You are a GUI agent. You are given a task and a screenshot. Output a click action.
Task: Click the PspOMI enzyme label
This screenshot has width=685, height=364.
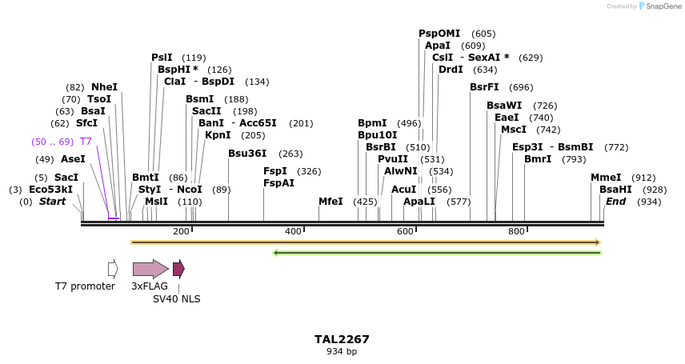coord(439,34)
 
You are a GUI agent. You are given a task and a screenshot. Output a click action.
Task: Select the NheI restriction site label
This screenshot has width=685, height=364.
coord(104,87)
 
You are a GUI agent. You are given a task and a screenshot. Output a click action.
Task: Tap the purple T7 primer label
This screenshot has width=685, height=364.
coord(86,142)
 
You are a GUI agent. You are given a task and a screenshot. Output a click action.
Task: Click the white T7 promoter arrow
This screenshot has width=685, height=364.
coord(113,269)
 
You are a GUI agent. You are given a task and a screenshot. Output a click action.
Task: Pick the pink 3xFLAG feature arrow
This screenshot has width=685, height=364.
coord(150,269)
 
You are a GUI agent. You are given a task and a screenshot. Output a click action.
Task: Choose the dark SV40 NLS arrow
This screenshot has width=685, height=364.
coord(178,269)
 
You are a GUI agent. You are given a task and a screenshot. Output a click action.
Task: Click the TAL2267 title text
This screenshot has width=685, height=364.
coord(342,339)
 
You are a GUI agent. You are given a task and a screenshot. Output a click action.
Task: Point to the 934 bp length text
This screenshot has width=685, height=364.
coord(342,352)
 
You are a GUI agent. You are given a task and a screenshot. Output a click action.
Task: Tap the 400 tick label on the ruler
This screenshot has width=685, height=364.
coord(293,232)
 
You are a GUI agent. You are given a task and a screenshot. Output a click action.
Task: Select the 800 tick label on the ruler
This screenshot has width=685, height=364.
coord(516,232)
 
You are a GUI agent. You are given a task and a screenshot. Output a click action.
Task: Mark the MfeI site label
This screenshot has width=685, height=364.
coord(330,202)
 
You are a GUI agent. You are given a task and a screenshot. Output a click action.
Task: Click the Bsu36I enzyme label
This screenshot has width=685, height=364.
coord(247,154)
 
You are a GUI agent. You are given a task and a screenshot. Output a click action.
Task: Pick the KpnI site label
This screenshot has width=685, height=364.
coord(218,135)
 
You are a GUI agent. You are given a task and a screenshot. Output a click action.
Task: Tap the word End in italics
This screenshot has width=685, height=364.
coord(615,202)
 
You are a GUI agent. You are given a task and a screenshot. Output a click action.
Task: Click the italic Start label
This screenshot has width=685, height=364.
coord(52,202)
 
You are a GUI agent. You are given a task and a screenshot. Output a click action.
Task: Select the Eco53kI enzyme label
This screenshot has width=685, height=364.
coord(50,190)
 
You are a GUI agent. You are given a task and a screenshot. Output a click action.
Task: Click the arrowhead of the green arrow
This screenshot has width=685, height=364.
coord(275,253)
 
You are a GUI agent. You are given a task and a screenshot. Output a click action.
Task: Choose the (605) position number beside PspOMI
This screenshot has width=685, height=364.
coord(483,34)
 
